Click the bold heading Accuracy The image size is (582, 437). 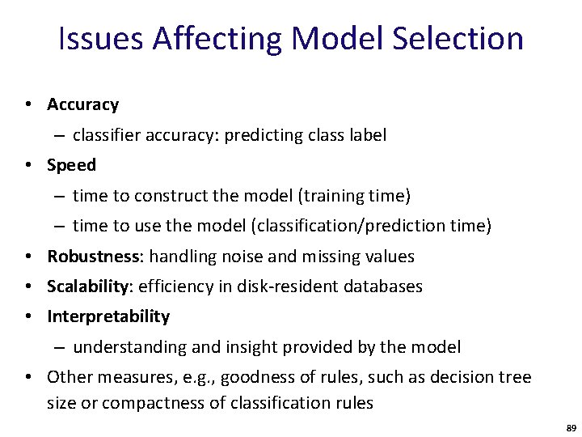point(82,104)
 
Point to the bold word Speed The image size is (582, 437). point(71,165)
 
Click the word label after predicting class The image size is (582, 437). point(367,135)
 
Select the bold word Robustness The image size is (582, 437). point(94,257)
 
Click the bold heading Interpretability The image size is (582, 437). point(108,316)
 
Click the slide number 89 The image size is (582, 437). point(571,426)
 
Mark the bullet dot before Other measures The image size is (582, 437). point(29,377)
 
